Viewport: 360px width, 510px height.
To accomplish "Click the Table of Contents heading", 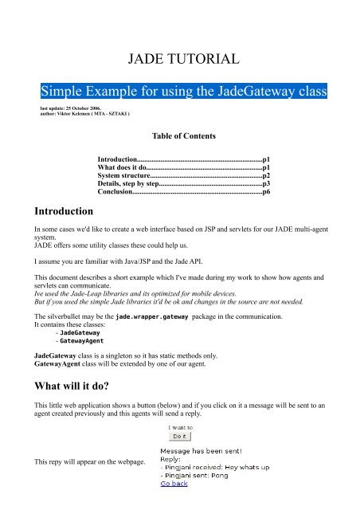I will tap(181, 137).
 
